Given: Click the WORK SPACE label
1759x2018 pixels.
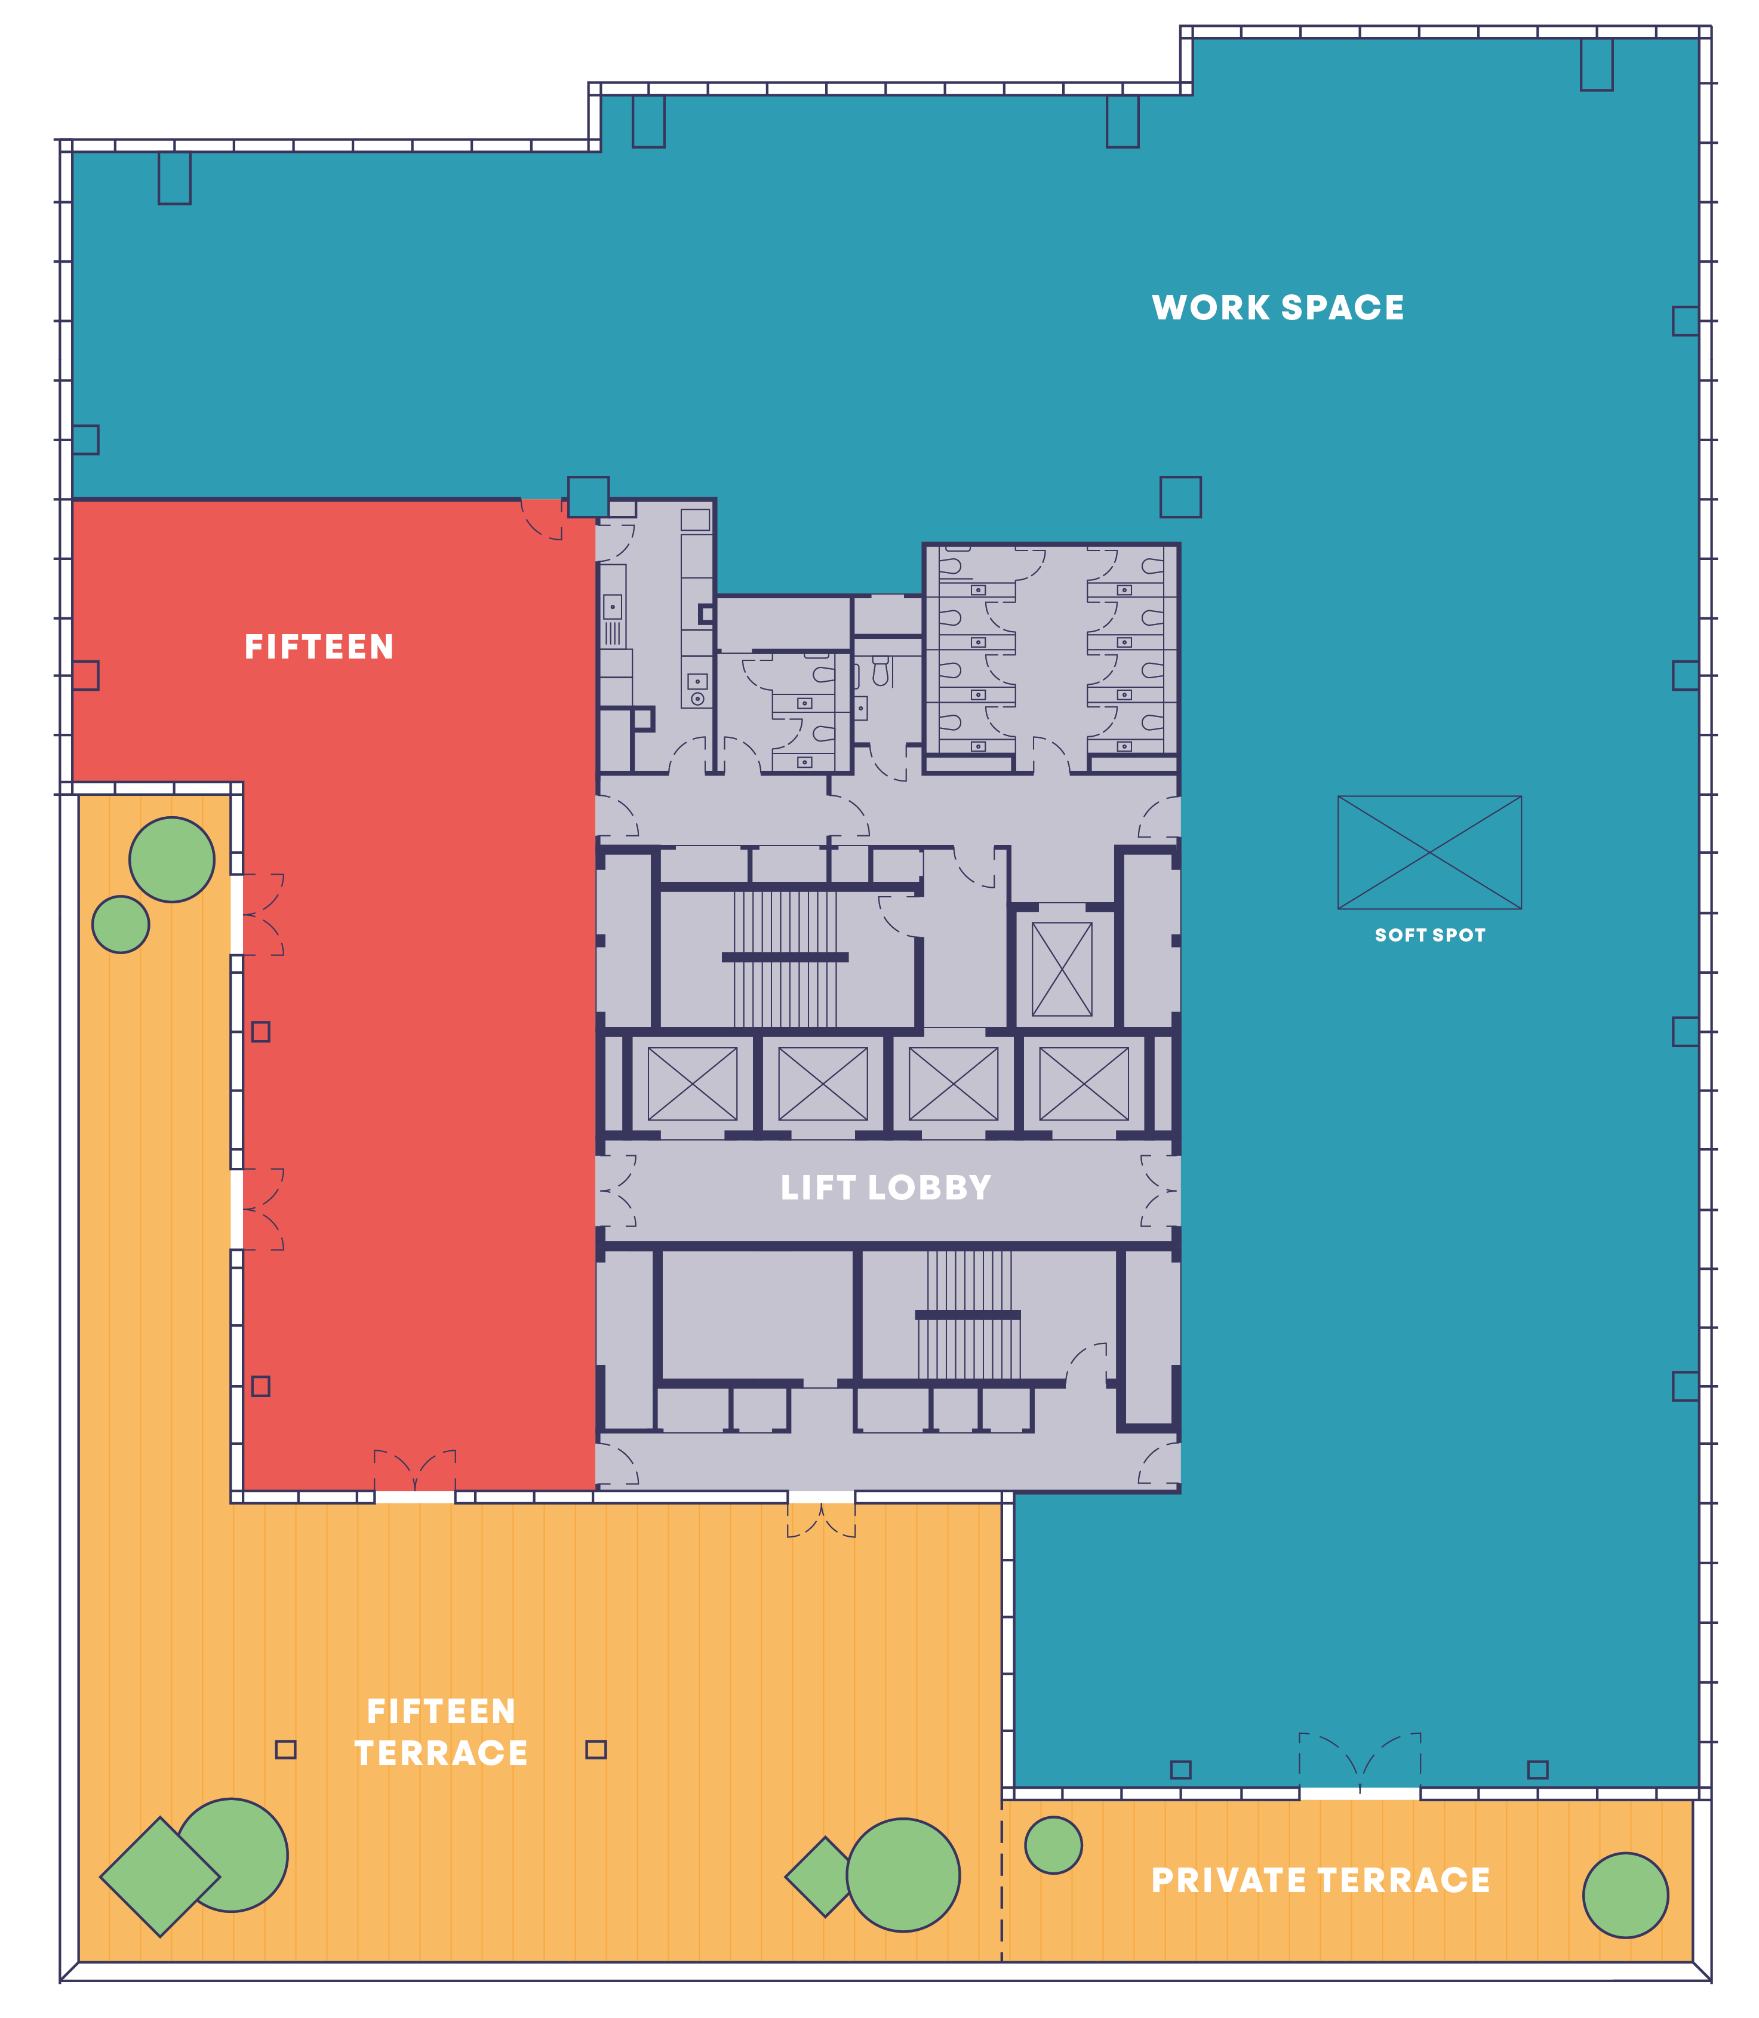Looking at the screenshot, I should pyautogui.click(x=1277, y=307).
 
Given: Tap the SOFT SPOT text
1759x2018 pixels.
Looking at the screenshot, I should pyautogui.click(x=1429, y=936).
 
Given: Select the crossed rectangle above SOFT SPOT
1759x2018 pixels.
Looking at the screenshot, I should pyautogui.click(x=1429, y=852).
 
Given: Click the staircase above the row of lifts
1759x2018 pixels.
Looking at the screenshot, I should pyautogui.click(x=785, y=957).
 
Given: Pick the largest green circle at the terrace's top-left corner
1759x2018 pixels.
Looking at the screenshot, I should pyautogui.click(x=172, y=860).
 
